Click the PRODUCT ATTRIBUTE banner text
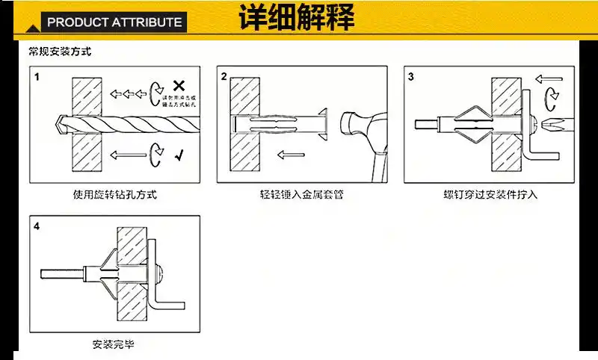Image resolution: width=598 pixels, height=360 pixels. [x=114, y=22]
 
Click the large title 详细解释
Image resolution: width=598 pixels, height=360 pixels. [x=297, y=18]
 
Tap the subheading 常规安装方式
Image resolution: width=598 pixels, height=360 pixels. [x=60, y=53]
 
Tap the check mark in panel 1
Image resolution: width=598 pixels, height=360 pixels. [x=179, y=155]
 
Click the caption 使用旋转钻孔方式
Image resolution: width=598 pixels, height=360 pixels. [x=115, y=195]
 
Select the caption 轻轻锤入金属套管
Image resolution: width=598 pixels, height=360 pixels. [x=302, y=195]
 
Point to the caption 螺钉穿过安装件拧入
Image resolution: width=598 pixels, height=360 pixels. [x=490, y=195]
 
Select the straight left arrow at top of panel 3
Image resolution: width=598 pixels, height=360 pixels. [x=549, y=77]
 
